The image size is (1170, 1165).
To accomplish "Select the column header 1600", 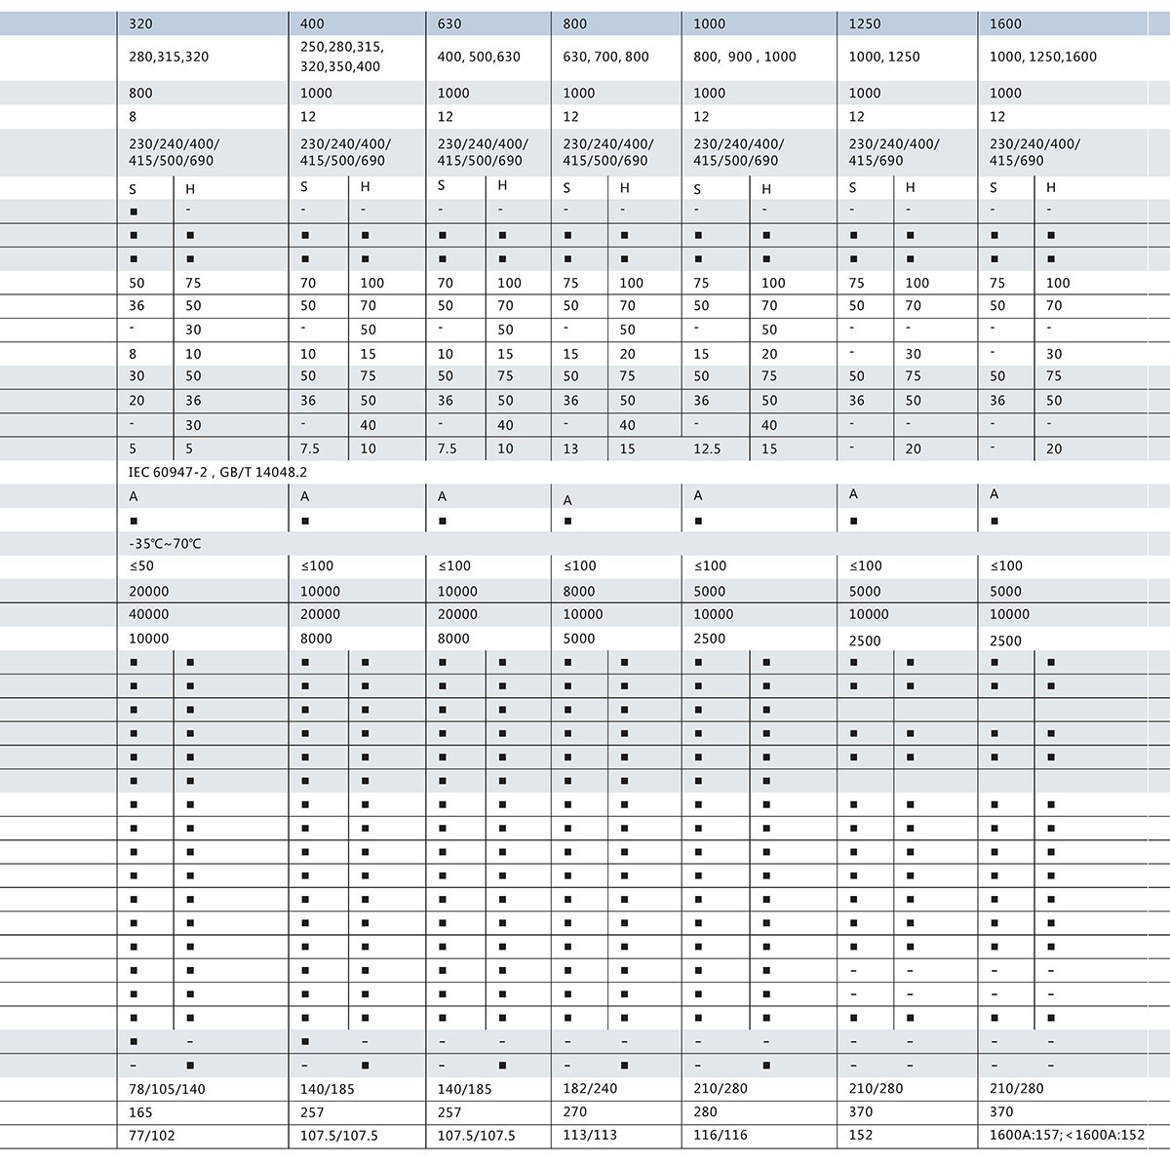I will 1005,23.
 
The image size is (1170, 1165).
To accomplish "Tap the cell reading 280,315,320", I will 169,57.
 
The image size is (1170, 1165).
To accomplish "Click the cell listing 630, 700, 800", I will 605,57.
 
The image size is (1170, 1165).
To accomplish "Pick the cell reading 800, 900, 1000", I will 745,57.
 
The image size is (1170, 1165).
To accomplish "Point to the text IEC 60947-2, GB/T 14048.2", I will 218,472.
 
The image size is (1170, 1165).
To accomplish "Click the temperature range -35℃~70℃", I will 165,543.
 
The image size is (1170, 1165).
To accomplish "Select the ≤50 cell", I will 141,566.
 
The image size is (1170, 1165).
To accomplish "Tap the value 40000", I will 148,615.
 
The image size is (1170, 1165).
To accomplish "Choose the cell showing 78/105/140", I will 167,1089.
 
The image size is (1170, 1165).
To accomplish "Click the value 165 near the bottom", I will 140,1112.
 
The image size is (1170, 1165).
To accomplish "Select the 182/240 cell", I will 590,1089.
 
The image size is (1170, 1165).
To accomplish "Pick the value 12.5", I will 707,449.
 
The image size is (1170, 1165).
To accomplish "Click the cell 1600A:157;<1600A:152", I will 1067,1136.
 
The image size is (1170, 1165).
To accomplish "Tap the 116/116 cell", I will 720,1136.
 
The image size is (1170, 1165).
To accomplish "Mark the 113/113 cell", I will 589,1136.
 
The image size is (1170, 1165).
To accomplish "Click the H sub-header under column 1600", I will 1051,188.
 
